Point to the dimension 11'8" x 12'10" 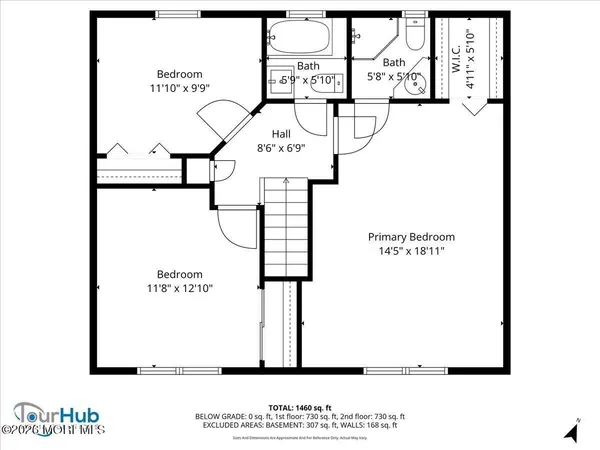[179, 288]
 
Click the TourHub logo [50, 413]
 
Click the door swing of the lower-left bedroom [235, 230]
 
